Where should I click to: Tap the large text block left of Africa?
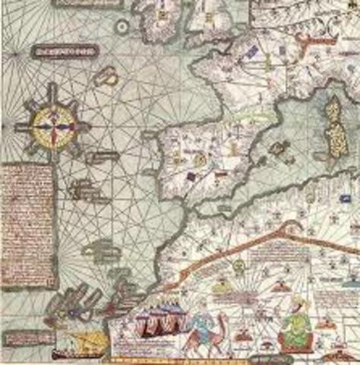[x=28, y=226]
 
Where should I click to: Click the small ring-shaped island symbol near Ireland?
[x=122, y=26]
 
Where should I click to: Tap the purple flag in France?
[x=251, y=52]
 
